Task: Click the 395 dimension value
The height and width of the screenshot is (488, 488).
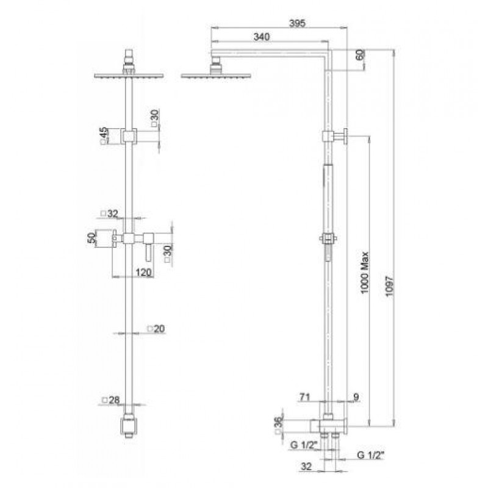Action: (x=297, y=23)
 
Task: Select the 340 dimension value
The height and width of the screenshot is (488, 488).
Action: (x=262, y=37)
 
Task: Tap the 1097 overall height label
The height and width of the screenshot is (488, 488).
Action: (x=390, y=286)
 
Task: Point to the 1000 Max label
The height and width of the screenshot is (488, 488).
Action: (x=364, y=272)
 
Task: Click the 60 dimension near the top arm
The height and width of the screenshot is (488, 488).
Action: (x=360, y=55)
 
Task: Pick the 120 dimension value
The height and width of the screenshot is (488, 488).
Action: (x=143, y=272)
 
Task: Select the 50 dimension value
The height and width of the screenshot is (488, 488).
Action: (x=92, y=239)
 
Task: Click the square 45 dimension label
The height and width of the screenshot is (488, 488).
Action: (x=104, y=135)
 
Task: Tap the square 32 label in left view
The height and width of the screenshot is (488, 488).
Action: (x=110, y=213)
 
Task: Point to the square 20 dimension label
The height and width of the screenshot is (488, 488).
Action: (x=156, y=329)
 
